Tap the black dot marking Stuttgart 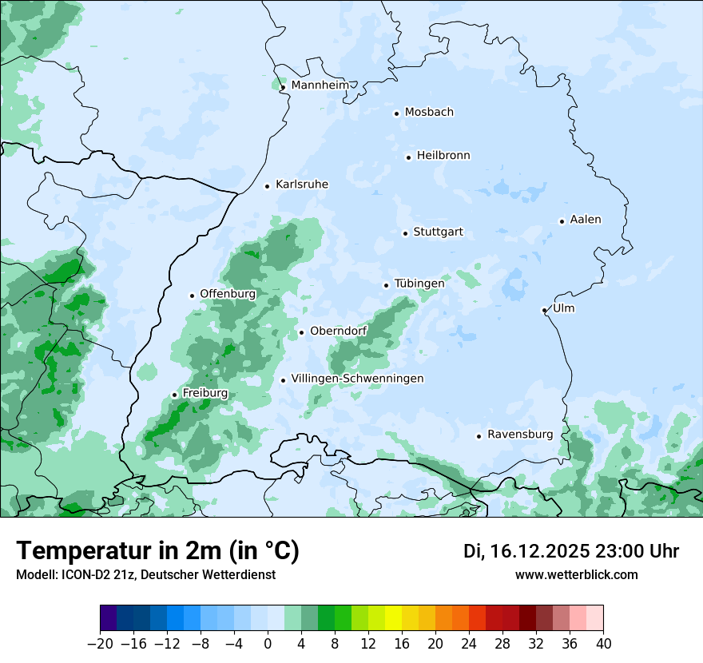tap(405, 233)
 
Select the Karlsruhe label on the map tap(302, 185)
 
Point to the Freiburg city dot tap(174, 395)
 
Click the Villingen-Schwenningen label tap(357, 379)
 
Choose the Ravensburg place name tap(520, 435)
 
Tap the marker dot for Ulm tap(544, 310)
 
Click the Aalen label tap(586, 220)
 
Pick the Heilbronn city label tap(443, 156)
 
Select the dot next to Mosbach tap(396, 113)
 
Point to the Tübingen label tap(419, 284)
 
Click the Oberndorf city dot tap(301, 332)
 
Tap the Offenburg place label tap(228, 294)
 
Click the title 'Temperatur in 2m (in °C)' tap(157, 551)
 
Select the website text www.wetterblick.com tap(576, 574)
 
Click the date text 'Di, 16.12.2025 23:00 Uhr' tap(571, 551)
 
